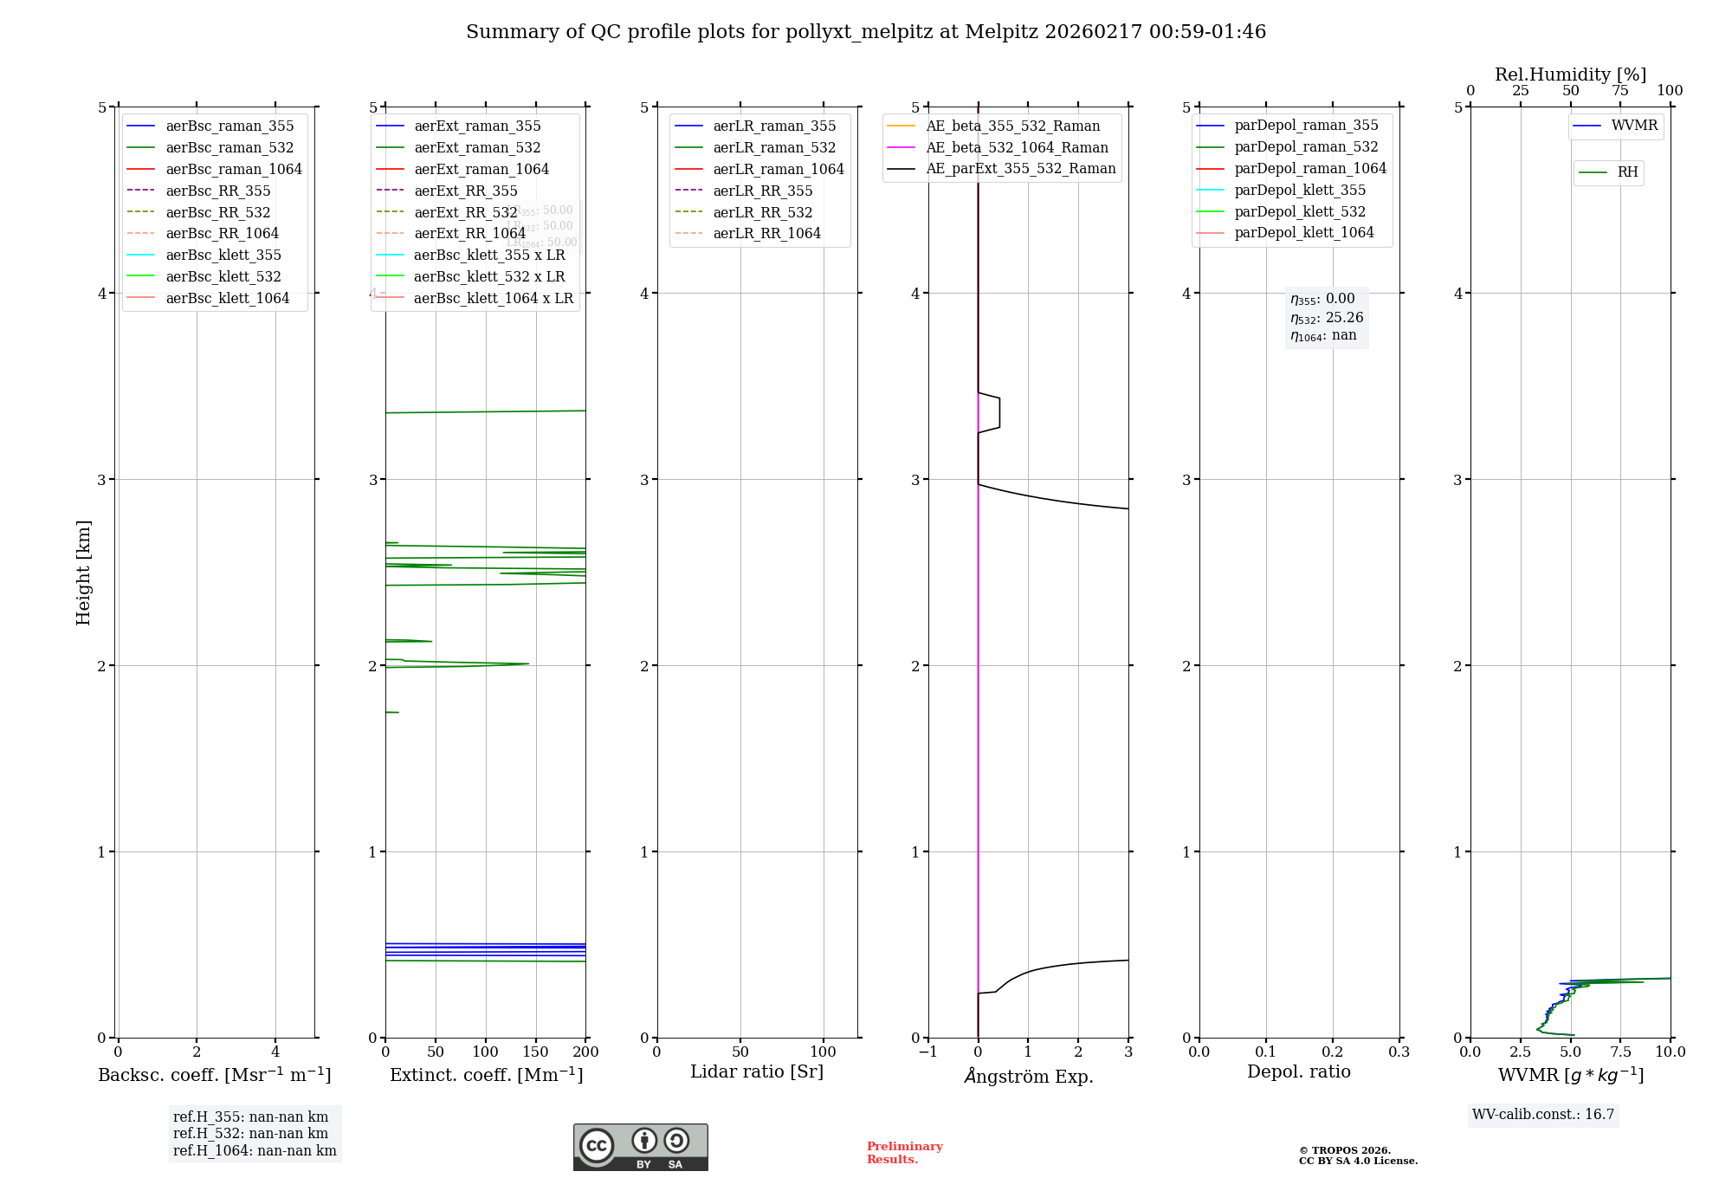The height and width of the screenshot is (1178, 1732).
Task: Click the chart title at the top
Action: click(x=866, y=32)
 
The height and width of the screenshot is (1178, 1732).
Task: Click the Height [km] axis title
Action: click(x=83, y=572)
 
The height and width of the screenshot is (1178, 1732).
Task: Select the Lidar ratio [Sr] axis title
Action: click(x=757, y=1072)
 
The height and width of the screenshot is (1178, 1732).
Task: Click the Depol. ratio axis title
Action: click(x=1299, y=1072)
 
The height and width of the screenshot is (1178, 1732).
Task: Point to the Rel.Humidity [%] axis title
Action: click(x=1570, y=74)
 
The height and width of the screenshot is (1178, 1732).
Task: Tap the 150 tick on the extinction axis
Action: click(x=536, y=1052)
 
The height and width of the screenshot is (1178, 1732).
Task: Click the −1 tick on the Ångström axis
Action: click(x=927, y=1052)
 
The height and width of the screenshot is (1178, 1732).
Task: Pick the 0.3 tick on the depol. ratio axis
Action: click(x=1399, y=1052)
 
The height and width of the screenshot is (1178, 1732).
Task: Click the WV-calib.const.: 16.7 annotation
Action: click(x=1543, y=1115)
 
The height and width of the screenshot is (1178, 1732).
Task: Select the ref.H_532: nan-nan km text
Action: click(x=250, y=1134)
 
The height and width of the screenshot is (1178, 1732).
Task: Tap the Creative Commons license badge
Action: click(x=640, y=1148)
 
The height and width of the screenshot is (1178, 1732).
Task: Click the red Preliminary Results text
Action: click(x=904, y=1153)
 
